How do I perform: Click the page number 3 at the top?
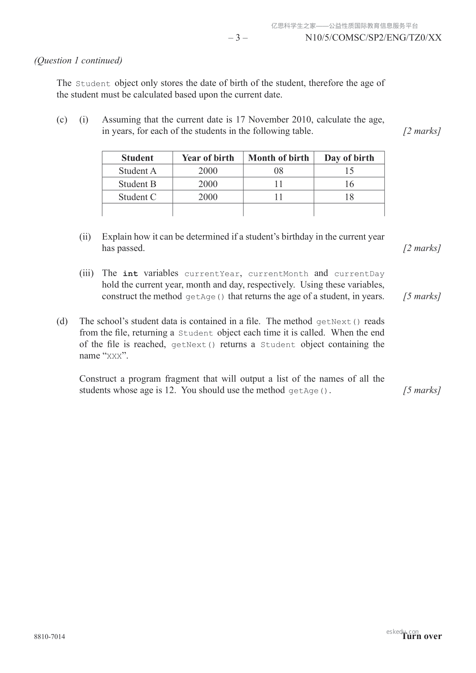(238, 38)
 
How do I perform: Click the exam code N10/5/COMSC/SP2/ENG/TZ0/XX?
(373, 38)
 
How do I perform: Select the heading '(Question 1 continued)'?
(78, 60)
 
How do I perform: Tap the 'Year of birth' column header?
(208, 158)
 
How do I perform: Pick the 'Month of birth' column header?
(279, 158)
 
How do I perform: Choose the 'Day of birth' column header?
(349, 158)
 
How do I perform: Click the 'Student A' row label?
(137, 171)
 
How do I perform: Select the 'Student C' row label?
(137, 197)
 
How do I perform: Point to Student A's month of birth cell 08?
(279, 171)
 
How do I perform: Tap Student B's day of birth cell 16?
(349, 184)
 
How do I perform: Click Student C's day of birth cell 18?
(349, 197)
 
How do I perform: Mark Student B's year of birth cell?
(208, 184)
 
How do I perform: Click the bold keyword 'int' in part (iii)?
(130, 274)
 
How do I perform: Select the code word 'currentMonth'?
(278, 274)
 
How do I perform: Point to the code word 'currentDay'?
(359, 274)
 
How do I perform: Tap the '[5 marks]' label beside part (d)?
(422, 390)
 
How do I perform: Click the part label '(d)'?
(62, 321)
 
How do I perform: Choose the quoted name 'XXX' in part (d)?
(114, 356)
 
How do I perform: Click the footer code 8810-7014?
(50, 637)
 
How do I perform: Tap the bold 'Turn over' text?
(422, 637)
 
